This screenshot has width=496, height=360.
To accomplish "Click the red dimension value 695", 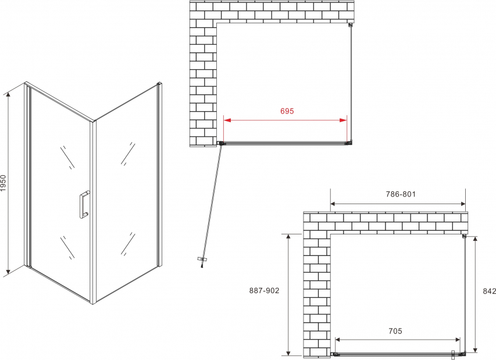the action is pos(287,111).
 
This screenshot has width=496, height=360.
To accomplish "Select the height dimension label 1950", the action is pos(3,183).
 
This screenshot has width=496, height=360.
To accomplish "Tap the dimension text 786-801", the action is pos(401,194).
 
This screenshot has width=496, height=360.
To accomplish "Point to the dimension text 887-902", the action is pos(265,290).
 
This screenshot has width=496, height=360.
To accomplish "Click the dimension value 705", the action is pos(395,331).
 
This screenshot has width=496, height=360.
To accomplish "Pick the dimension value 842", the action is pos(490,291).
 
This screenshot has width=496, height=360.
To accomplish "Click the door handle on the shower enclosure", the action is pos(84,204).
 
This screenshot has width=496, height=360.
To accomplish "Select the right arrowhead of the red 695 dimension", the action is pos(343,120).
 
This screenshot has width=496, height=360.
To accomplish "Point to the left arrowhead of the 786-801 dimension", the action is pos(334,204).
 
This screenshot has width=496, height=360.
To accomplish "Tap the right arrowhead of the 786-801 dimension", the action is pos(462,204).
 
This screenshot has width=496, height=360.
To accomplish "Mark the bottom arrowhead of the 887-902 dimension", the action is pos(288,351).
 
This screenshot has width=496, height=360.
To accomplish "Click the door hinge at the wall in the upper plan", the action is pos(220,143).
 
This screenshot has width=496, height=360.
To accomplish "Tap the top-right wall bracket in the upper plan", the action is pos(350,25).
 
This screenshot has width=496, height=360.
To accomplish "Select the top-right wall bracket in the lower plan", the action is pos(464,236).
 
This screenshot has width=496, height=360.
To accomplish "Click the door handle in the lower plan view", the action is pos(453,355).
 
